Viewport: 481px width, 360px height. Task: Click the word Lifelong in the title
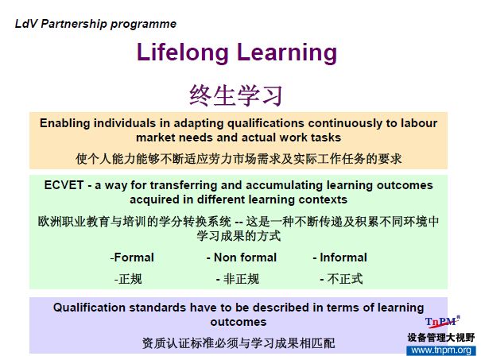point(183,52)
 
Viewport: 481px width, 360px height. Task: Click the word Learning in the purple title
point(287,53)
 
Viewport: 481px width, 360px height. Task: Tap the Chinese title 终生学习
point(235,95)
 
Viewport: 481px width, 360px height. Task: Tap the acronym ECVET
point(64,185)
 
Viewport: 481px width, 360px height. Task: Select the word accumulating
point(285,186)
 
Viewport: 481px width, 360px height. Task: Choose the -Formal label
point(132,257)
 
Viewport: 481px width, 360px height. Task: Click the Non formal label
point(242,257)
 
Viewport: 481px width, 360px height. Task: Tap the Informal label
point(340,257)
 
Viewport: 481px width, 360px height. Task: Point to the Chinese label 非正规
point(238,279)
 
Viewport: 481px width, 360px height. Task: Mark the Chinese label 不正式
point(341,279)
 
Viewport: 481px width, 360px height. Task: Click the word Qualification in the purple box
point(89,308)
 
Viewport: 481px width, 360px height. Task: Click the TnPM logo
point(442,322)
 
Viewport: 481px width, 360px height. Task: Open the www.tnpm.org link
point(441,350)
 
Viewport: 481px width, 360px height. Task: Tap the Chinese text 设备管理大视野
point(441,338)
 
